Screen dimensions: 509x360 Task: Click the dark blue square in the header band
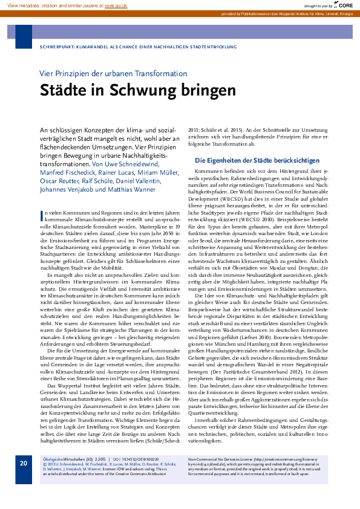click(24, 36)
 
